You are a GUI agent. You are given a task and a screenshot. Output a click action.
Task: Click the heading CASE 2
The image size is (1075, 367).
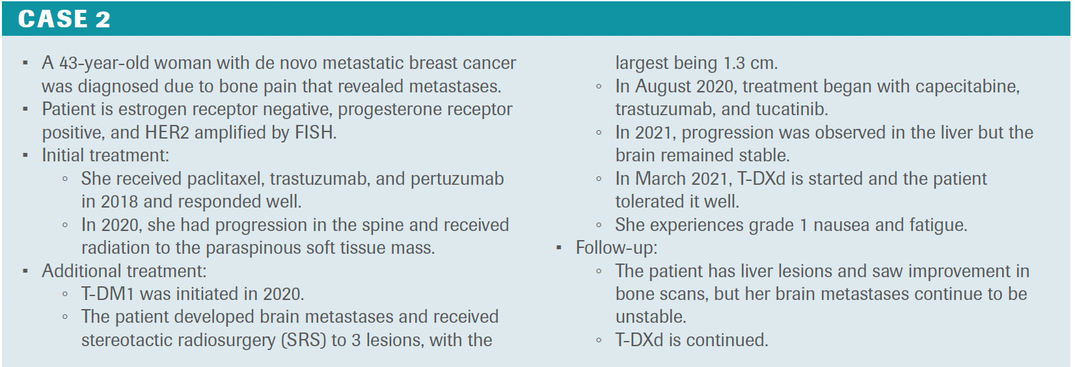pos(64,19)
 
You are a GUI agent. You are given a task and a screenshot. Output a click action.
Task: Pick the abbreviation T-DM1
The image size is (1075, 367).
pos(108,294)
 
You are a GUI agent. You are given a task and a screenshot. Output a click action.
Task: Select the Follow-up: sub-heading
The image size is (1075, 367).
pos(616,248)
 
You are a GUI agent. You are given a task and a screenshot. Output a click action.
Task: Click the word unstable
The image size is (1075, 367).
pos(651,317)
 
